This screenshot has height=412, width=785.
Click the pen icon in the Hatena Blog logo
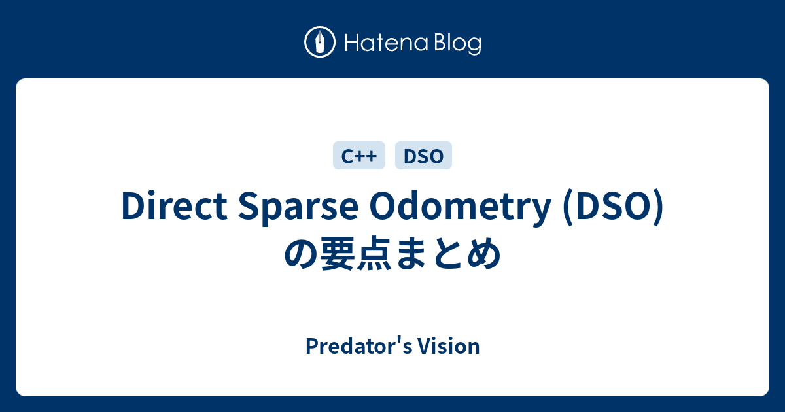[x=320, y=43]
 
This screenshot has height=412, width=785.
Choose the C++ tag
[x=359, y=156]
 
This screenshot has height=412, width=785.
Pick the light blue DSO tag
[x=423, y=156]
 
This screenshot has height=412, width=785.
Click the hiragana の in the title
[x=300, y=254]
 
